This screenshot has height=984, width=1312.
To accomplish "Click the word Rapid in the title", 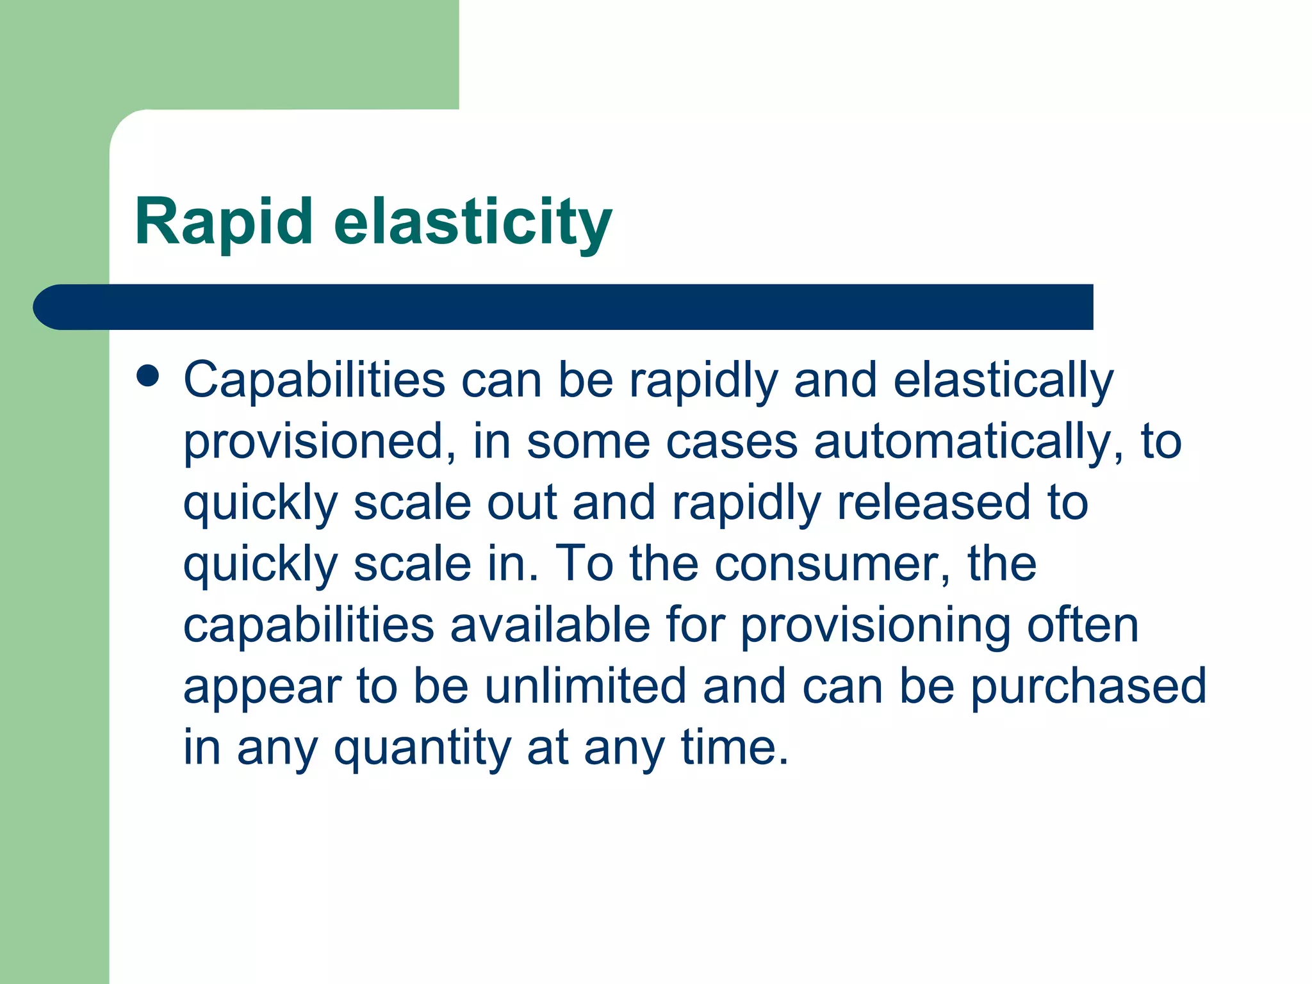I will pos(224,222).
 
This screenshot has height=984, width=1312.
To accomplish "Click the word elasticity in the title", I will pos(473,222).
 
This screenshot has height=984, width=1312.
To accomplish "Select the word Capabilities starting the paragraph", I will pos(314,380).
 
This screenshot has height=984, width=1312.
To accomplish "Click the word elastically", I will pos(1003,380).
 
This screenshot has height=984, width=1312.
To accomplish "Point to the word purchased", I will pos(1088,685).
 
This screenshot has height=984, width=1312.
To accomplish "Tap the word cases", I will pos(732,441).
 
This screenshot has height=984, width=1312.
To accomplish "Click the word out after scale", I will pos(521,502).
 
